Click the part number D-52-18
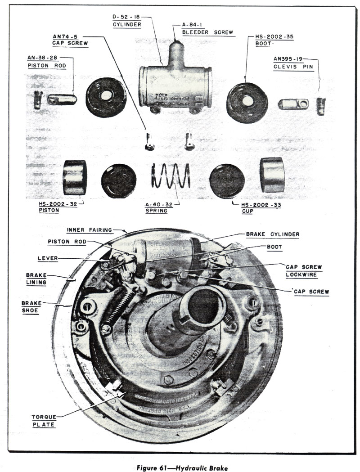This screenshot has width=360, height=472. (x=127, y=18)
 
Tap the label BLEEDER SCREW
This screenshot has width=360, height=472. (x=208, y=32)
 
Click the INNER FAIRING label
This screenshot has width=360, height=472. (x=89, y=230)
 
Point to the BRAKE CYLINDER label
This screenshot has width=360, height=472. (x=272, y=234)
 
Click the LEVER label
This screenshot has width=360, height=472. (x=47, y=258)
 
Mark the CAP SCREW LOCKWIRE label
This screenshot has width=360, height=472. (x=304, y=270)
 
